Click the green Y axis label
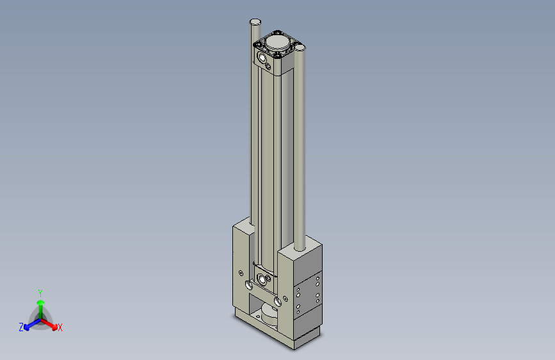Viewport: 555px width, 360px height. [40, 292]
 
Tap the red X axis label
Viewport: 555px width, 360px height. [60, 328]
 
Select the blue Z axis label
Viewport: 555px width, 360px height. [21, 327]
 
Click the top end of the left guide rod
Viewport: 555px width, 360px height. [255, 22]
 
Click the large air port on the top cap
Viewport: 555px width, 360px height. [262, 57]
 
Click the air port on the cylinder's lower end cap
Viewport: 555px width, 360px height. [262, 279]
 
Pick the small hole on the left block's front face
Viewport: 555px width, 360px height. [240, 271]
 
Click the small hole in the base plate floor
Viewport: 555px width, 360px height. [258, 315]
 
